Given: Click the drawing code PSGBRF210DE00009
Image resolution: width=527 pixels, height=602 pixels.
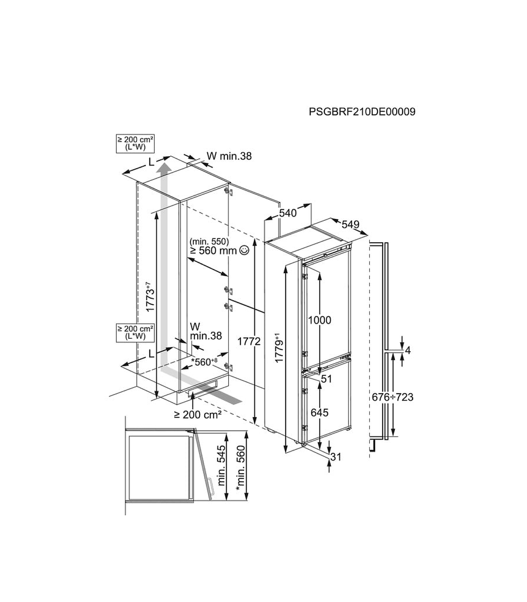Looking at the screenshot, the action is tap(362, 112).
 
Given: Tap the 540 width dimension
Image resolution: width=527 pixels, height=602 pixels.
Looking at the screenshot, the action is tap(288, 213).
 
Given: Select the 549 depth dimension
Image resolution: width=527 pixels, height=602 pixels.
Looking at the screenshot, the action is tap(350, 225).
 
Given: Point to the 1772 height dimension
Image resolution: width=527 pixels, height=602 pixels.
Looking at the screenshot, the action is tap(249, 341).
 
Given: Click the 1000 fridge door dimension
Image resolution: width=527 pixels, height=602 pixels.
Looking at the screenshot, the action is tap(319, 320).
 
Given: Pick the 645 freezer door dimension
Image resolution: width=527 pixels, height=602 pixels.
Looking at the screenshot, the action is tap(319, 412).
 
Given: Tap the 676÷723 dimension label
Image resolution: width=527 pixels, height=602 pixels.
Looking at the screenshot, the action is tap(393, 397).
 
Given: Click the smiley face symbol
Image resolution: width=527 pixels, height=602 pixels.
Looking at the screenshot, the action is tap(245, 251).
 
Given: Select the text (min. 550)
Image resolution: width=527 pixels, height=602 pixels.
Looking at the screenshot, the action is tap(209, 242).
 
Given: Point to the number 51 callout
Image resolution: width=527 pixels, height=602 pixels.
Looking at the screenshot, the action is tap(326, 379).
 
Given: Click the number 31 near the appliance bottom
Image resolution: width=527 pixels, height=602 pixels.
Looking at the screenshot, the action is tap(336, 457).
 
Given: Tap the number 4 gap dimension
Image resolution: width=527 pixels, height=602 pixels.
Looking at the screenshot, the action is tap(408, 351).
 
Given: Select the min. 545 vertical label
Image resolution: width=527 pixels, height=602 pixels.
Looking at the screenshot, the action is tap(221, 466).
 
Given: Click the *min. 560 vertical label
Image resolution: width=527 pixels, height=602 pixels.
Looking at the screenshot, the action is tap(241, 468).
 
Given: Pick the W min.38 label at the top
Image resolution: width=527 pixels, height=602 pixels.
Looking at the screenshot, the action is tap(229, 156).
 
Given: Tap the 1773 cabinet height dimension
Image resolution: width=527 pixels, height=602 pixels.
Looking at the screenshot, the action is tap(150, 297).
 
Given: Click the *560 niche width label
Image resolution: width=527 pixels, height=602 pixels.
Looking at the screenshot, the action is tap(204, 362).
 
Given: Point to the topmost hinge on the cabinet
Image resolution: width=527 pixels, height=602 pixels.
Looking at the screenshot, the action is tap(228, 192).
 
